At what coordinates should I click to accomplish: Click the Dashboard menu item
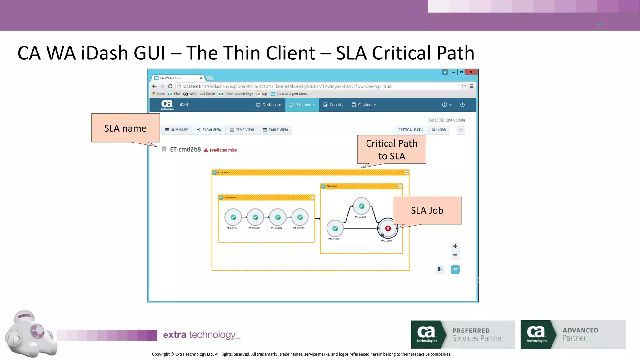268,105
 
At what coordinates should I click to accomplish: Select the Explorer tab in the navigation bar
302,105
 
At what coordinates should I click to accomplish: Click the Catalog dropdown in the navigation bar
364,105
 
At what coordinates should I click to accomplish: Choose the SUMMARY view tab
176,130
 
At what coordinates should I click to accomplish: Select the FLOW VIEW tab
209,130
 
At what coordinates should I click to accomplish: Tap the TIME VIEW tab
242,130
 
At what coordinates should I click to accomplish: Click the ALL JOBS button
438,130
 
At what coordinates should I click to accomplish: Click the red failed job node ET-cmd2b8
388,228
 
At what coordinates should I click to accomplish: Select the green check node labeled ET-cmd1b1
233,217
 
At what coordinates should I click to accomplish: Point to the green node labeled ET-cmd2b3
362,206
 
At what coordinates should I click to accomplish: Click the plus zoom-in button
455,246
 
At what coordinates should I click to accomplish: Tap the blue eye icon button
455,269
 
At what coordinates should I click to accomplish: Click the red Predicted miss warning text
223,150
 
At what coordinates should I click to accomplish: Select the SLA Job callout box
427,210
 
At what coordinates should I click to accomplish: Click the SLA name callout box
125,128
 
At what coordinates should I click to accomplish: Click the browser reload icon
170,86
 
